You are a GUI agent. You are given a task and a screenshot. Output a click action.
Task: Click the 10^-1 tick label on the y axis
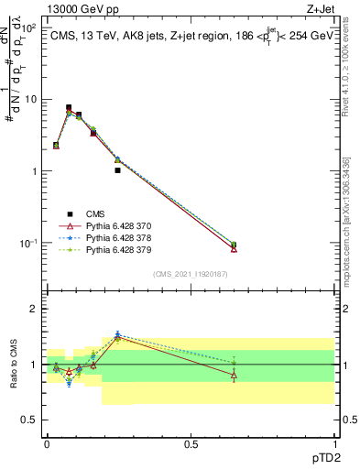(27, 243)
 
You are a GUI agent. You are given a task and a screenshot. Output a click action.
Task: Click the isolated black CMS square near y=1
(118, 170)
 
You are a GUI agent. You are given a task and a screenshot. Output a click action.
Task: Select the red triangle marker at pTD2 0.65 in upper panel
(234, 248)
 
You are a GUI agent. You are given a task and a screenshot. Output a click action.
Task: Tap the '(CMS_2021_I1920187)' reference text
(190, 273)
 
